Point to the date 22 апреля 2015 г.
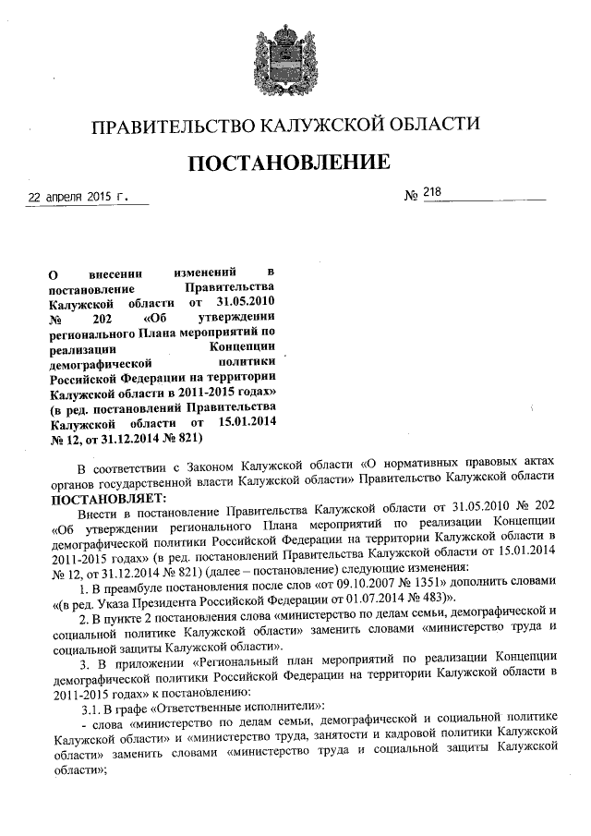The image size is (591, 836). [x=75, y=197]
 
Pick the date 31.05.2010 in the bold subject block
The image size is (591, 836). [x=244, y=302]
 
